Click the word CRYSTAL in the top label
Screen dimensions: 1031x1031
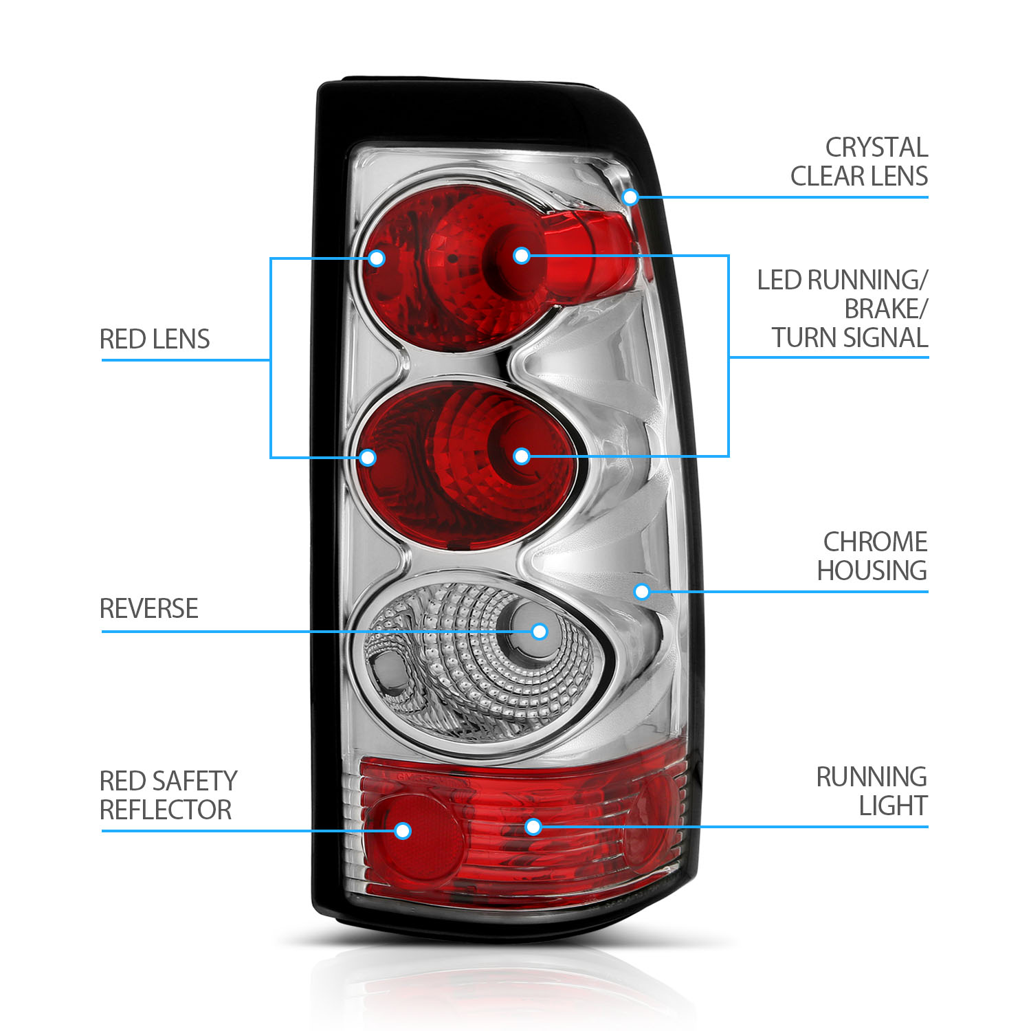coord(876,148)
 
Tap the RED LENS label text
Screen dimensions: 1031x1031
coord(155,340)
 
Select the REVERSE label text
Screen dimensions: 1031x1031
coord(149,609)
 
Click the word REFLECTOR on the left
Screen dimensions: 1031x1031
coord(166,810)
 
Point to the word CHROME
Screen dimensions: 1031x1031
coord(875,542)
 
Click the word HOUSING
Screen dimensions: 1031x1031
coord(872,571)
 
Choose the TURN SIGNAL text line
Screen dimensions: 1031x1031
coord(850,338)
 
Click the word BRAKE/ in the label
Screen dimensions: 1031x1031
coord(885,309)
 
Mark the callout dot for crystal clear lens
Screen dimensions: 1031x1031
coord(630,198)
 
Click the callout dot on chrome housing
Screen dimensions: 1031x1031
coord(642,591)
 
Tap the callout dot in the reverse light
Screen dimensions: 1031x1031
coord(540,632)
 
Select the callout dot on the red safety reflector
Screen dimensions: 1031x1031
coord(403,831)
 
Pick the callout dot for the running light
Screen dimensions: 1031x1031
coord(533,826)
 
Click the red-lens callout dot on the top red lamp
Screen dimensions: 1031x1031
coord(376,258)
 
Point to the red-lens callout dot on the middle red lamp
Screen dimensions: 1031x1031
coord(368,457)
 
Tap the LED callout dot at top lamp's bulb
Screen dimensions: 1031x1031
coord(522,256)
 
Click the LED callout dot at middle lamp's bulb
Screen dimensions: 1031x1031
coord(522,456)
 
